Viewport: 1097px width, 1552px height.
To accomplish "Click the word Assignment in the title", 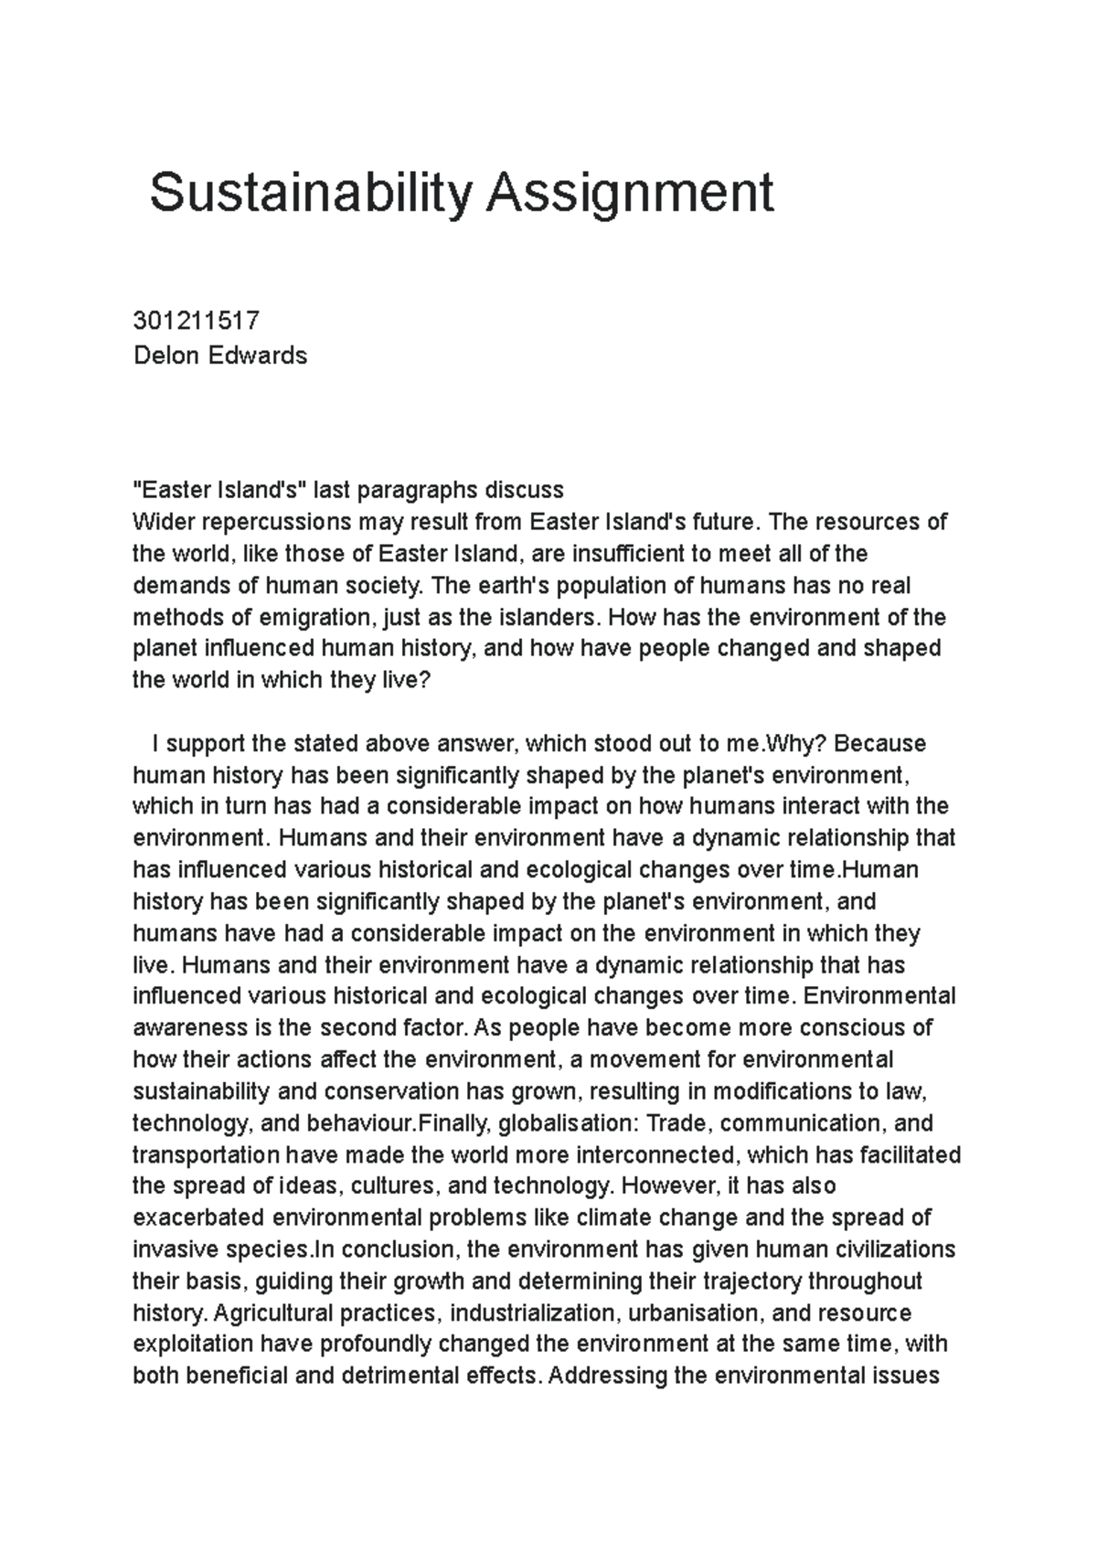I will click(x=630, y=194).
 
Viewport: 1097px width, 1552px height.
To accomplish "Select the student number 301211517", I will click(x=197, y=321).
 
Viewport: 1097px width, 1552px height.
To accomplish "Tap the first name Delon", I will click(x=165, y=355).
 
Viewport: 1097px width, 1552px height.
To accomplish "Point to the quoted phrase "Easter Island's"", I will click(x=219, y=490).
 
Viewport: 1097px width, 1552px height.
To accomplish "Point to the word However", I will click(x=664, y=1185).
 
